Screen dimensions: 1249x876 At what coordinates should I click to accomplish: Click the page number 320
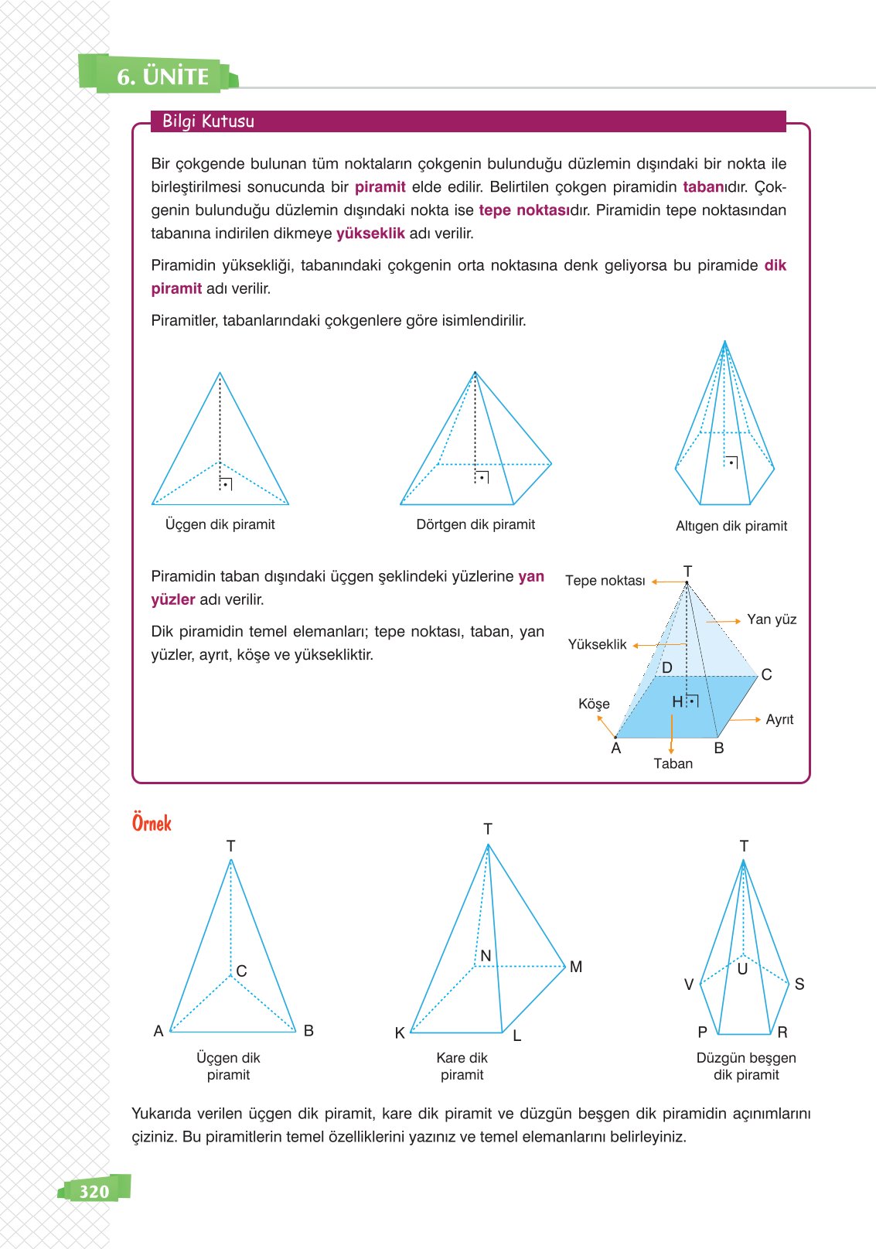94,1191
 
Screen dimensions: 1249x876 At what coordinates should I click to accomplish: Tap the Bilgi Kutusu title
208,121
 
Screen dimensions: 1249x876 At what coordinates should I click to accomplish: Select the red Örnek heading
152,823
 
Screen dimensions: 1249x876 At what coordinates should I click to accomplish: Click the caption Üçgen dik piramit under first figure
220,524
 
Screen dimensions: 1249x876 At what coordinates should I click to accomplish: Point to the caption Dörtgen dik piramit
475,524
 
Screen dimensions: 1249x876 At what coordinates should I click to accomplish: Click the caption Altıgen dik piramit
731,526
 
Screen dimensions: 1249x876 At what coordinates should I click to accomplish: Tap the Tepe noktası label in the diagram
605,581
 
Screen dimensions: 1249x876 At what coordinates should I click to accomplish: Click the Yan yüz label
771,619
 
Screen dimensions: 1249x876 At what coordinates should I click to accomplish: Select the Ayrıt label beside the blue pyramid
779,719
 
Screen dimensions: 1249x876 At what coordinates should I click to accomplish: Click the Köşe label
594,704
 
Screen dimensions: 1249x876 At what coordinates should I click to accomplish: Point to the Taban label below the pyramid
673,763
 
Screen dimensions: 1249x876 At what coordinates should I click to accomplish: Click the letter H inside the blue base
677,701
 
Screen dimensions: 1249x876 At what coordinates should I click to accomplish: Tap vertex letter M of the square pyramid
575,967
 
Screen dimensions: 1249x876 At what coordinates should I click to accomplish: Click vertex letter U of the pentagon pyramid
742,969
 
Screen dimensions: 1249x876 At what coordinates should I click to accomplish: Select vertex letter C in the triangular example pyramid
241,971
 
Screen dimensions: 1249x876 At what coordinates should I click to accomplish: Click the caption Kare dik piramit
462,1066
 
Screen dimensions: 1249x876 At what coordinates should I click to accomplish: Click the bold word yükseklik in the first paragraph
370,234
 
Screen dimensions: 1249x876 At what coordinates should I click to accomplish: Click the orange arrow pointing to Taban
671,734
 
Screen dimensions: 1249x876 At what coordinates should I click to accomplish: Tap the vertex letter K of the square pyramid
400,1033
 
